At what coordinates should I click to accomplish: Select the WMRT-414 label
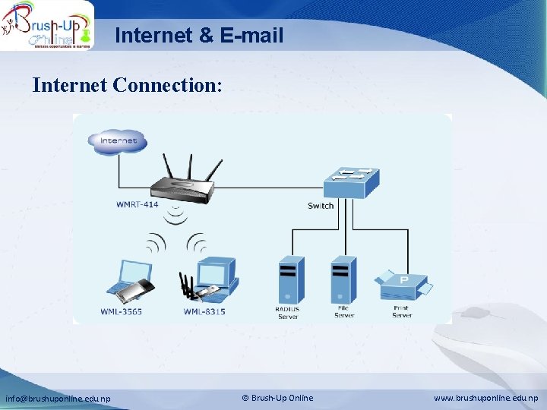138,204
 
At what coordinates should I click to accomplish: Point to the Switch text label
321,206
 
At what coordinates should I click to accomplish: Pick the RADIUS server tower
289,279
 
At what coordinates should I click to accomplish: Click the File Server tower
343,279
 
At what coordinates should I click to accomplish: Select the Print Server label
401,311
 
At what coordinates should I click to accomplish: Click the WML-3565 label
121,312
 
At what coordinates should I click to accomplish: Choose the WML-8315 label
204,312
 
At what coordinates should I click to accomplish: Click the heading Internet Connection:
128,85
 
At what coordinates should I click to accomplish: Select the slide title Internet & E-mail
199,35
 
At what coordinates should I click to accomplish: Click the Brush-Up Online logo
47,25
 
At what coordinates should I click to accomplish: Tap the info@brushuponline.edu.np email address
58,399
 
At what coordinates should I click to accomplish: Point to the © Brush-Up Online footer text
277,398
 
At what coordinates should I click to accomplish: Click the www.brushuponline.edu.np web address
485,399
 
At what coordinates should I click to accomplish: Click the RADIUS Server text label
287,312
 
